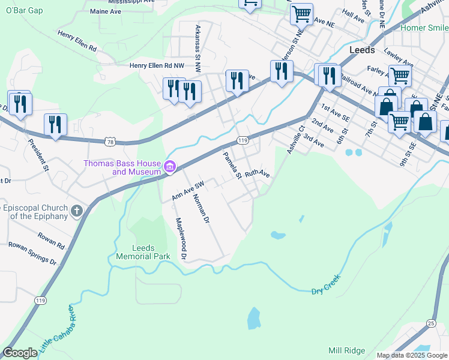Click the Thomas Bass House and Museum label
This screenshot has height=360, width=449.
tap(122, 167)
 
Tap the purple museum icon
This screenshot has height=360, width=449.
tap(170, 166)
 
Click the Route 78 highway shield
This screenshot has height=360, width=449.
tap(109, 141)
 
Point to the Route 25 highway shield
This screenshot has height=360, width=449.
tap(430, 323)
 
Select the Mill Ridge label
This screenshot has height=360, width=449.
tap(346, 350)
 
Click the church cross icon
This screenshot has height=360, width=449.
tap(76, 211)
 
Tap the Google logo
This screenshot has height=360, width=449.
tap(20, 353)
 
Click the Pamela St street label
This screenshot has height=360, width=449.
tap(232, 166)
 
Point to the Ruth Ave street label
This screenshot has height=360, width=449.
tap(257, 175)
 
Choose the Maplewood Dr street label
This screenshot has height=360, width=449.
tap(181, 238)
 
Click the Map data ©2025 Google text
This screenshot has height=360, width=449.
tap(411, 355)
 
